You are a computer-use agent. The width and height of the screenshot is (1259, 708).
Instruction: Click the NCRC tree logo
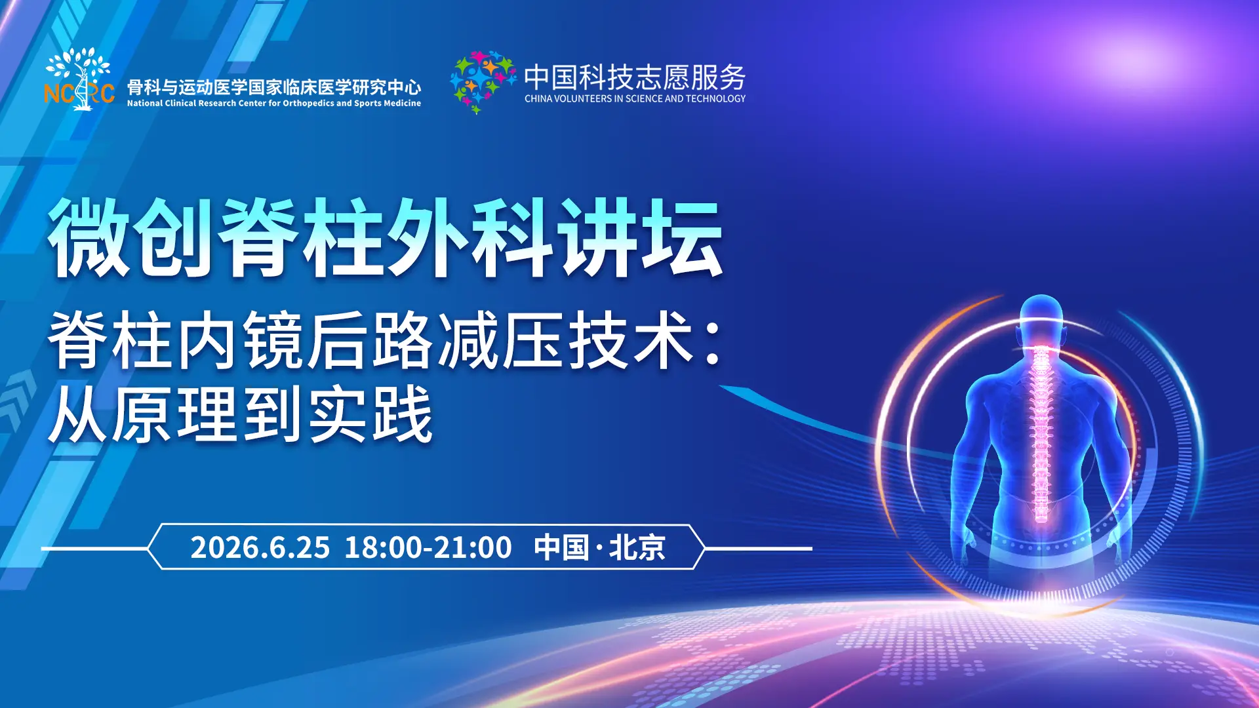[79, 79]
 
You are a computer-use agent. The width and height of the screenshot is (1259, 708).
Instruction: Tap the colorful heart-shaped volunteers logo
[483, 82]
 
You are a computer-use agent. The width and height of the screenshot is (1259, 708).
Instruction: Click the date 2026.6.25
[260, 547]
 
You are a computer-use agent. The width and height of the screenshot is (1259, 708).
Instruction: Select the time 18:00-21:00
[428, 547]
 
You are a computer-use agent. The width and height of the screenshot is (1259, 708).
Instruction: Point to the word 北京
[637, 547]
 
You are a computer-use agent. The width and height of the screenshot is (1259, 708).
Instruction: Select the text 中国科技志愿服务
[635, 77]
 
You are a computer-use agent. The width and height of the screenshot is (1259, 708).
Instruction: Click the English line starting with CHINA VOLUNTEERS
[635, 99]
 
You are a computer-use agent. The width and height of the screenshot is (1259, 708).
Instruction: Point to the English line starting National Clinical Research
[274, 104]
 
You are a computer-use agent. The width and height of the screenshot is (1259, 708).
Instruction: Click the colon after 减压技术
[714, 341]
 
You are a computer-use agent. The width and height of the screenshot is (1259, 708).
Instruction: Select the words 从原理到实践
[241, 414]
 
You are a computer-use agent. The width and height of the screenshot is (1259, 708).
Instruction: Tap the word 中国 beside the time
[561, 547]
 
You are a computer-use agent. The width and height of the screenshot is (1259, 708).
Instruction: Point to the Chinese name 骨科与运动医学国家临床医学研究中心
[274, 87]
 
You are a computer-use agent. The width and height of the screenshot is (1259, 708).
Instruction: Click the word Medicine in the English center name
[401, 104]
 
